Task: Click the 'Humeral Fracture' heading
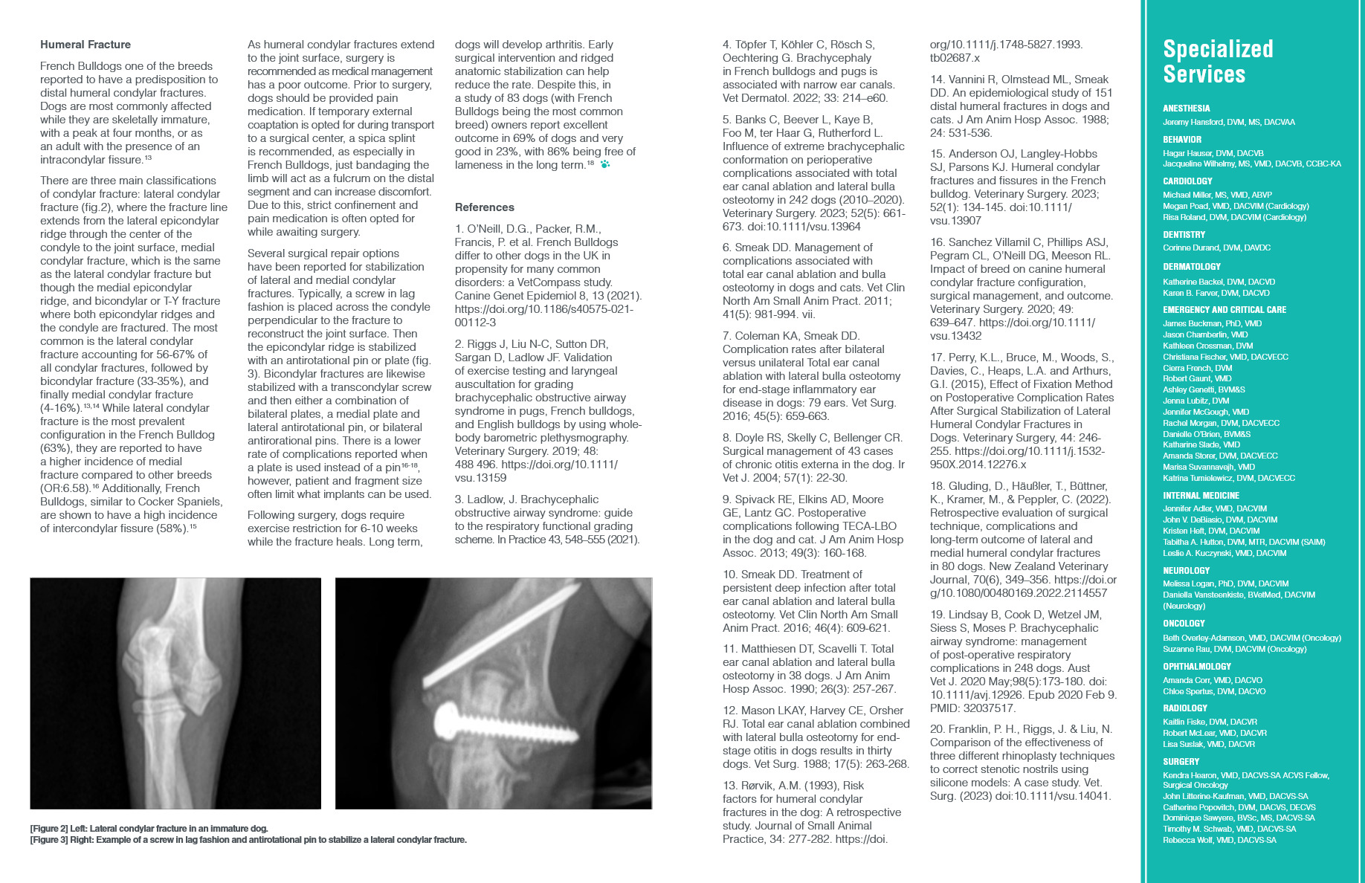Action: pyautogui.click(x=85, y=45)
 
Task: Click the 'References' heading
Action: pyautogui.click(x=485, y=207)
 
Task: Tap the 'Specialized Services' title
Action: pyautogui.click(x=1218, y=62)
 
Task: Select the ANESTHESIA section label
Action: pyautogui.click(x=1187, y=109)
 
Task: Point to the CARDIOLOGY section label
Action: pyautogui.click(x=1187, y=181)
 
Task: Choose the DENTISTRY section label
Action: pyautogui.click(x=1185, y=235)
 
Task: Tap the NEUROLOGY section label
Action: pyautogui.click(x=1186, y=571)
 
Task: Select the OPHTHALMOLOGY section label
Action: pyautogui.click(x=1197, y=667)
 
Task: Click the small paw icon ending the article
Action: pyautogui.click(x=604, y=165)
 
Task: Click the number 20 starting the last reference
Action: pyautogui.click(x=936, y=729)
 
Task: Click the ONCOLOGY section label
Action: pyautogui.click(x=1184, y=624)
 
